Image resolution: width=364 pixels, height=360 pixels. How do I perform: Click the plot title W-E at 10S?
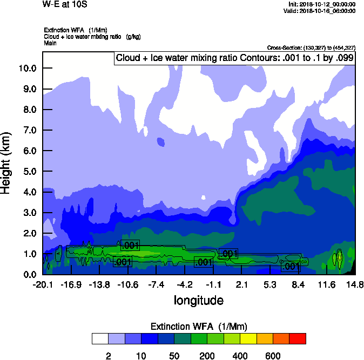(x=65, y=4)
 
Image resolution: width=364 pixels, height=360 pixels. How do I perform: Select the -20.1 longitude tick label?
(x=42, y=284)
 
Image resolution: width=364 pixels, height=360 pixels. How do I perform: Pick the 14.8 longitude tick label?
(x=355, y=284)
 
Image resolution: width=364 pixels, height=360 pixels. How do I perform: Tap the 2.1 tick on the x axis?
(x=241, y=284)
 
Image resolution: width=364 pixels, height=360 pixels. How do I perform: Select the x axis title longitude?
(x=198, y=300)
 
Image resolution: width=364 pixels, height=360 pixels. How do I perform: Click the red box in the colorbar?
(x=298, y=339)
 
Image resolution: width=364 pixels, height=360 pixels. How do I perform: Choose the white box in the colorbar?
(x=100, y=339)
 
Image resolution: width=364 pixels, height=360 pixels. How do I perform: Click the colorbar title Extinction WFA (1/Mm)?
(x=198, y=327)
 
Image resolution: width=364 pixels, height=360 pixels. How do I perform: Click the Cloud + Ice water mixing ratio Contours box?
(x=234, y=58)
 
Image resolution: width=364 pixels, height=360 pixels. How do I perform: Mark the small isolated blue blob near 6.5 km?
(x=160, y=142)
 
